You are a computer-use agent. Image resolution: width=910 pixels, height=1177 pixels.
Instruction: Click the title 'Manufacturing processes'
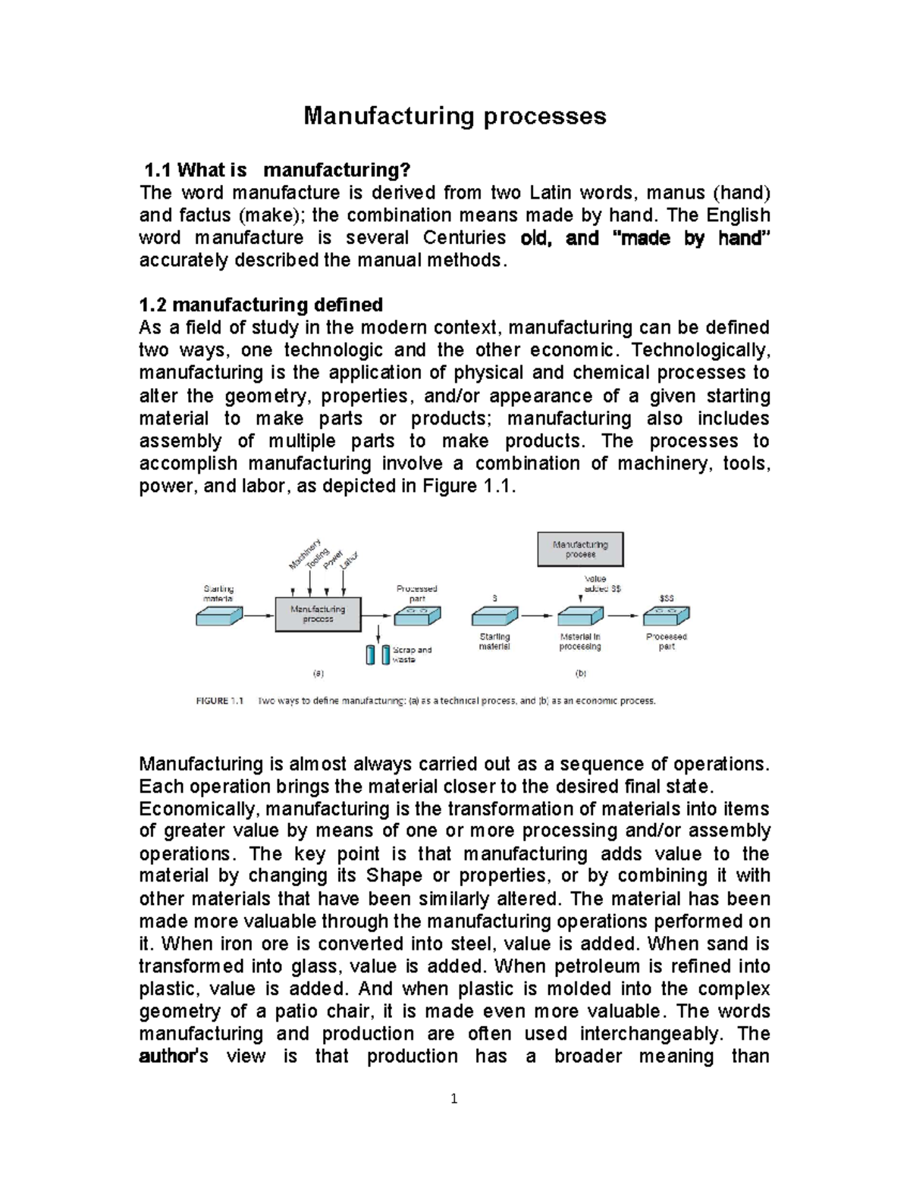[x=454, y=116]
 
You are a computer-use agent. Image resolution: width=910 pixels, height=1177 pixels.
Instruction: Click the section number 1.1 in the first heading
[x=159, y=171]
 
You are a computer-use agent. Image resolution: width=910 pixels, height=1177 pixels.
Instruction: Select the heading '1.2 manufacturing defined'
[x=261, y=305]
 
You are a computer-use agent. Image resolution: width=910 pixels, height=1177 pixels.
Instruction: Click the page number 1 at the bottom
[x=453, y=1098]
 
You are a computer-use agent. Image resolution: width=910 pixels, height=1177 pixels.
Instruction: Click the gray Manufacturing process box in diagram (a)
[x=318, y=613]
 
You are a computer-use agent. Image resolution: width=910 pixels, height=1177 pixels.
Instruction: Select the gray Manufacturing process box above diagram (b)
[x=580, y=549]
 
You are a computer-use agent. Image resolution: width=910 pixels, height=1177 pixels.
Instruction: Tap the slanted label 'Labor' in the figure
[x=350, y=561]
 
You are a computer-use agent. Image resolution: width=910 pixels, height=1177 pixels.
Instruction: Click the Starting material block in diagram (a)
[x=219, y=617]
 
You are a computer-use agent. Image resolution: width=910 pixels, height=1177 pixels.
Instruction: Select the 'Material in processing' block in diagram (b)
[x=580, y=615]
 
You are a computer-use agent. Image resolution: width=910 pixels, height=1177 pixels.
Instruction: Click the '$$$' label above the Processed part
[x=666, y=598]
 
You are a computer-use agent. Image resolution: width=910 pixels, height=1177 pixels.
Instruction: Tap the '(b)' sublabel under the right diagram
[x=582, y=673]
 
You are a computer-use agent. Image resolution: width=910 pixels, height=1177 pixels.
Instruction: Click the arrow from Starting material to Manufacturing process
[x=258, y=616]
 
